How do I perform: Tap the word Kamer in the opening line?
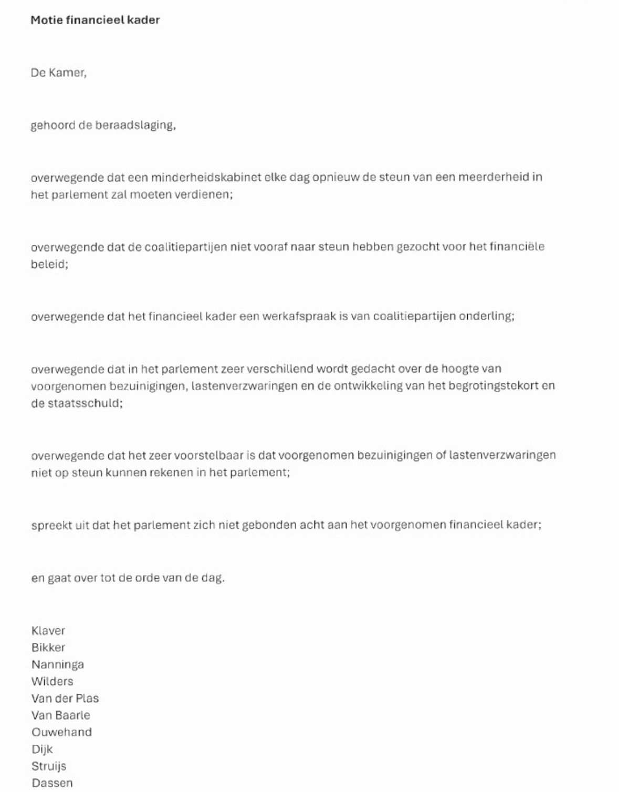[67, 72]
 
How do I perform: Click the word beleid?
[49, 264]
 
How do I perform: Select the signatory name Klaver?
[48, 630]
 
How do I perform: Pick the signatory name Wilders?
[52, 681]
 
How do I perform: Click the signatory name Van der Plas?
[65, 698]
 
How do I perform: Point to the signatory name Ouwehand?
[61, 732]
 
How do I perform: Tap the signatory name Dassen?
[52, 783]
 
